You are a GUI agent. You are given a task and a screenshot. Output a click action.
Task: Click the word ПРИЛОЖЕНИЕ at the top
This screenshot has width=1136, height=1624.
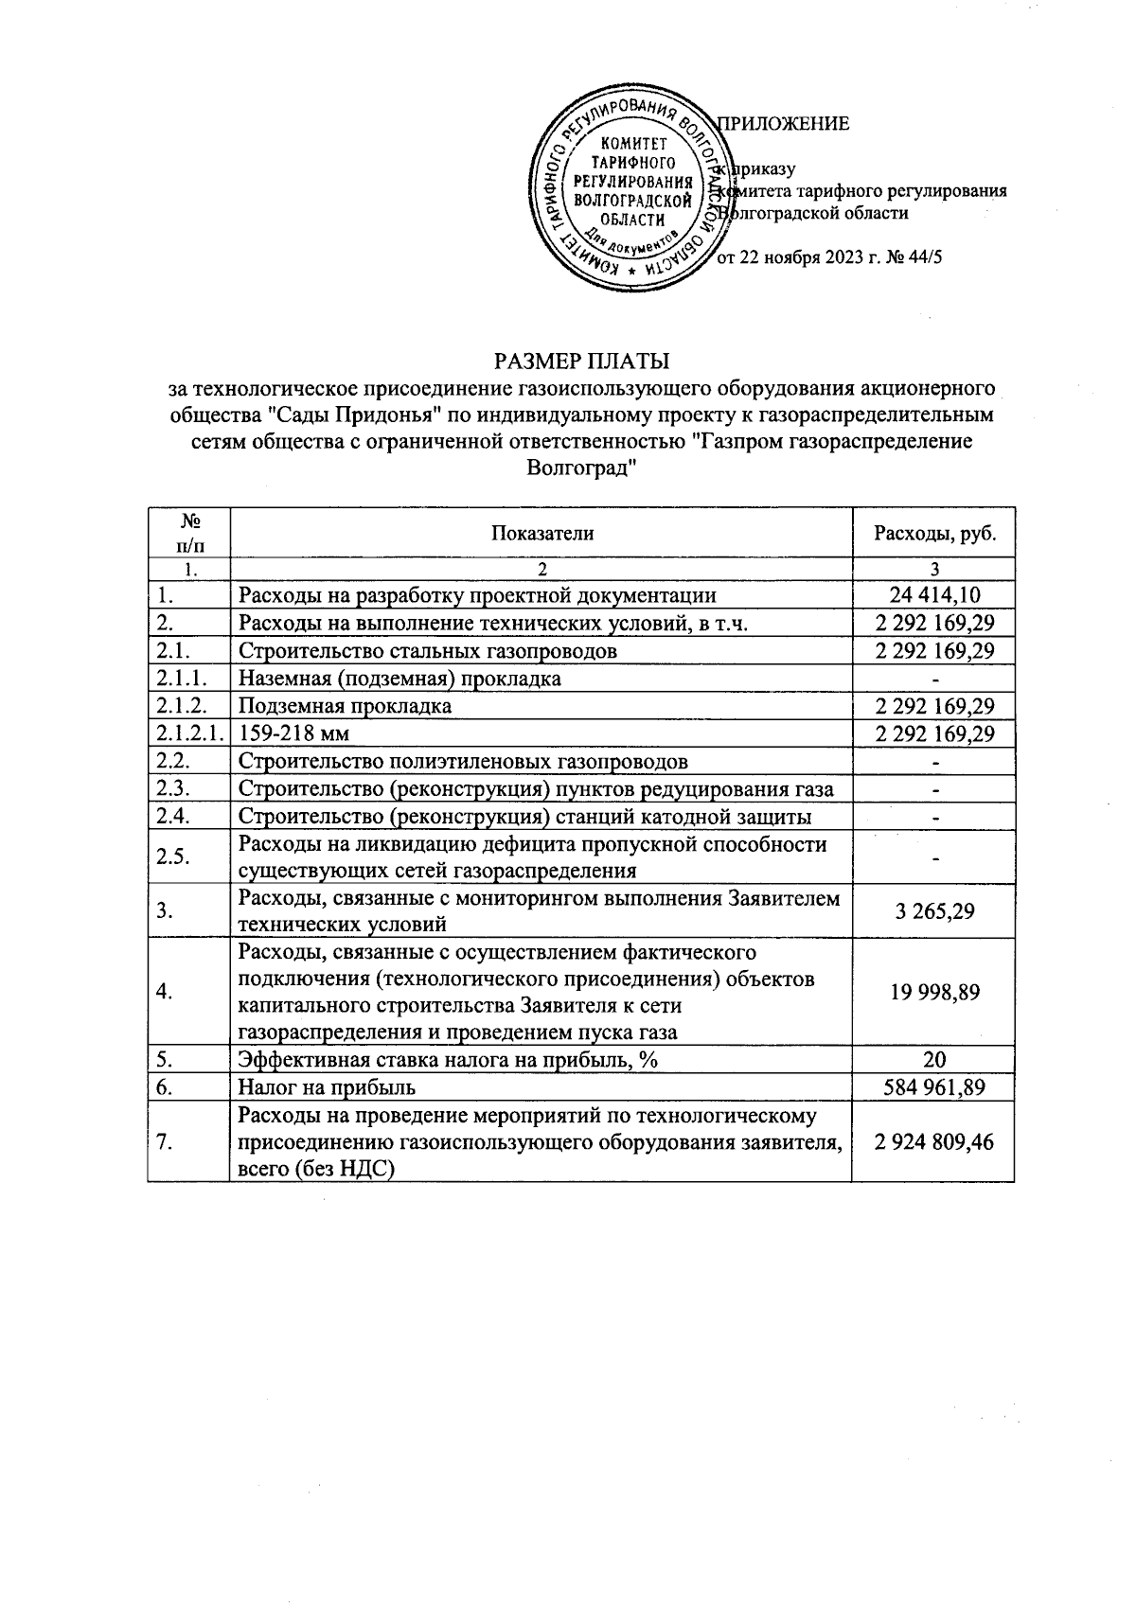pyautogui.click(x=786, y=124)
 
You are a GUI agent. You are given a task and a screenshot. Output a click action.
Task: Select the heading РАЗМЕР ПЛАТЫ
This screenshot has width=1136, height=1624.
pyautogui.click(x=581, y=361)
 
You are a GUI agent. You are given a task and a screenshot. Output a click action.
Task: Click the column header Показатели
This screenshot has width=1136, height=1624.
pyautogui.click(x=541, y=533)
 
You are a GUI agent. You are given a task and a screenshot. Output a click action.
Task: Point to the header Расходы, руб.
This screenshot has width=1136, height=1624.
pyautogui.click(x=933, y=533)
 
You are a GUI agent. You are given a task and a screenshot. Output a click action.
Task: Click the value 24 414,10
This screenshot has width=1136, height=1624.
pyautogui.click(x=934, y=595)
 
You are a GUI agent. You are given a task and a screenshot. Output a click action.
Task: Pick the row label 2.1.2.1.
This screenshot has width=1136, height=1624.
pyautogui.click(x=189, y=734)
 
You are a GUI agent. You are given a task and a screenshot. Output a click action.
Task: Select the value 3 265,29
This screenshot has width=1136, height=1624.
pyautogui.click(x=934, y=910)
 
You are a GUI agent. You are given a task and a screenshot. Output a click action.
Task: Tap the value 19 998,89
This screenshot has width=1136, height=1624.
pyautogui.click(x=934, y=992)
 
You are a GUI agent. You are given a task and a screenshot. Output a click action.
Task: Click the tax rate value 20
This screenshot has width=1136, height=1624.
pyautogui.click(x=934, y=1060)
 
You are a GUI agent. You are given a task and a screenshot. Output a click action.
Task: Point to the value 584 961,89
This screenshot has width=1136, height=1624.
pyautogui.click(x=934, y=1087)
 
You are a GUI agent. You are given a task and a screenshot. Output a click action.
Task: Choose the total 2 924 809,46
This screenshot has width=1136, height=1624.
pyautogui.click(x=934, y=1142)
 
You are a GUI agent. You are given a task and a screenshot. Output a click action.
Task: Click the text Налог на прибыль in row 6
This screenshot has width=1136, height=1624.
pyautogui.click(x=328, y=1087)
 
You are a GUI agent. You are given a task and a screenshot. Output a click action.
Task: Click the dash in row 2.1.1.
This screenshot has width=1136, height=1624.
pyautogui.click(x=934, y=680)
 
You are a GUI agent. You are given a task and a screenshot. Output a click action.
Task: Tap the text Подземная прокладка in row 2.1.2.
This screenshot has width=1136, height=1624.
pyautogui.click(x=345, y=707)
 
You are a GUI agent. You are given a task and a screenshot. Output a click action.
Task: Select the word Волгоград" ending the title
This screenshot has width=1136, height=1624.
pyautogui.click(x=579, y=468)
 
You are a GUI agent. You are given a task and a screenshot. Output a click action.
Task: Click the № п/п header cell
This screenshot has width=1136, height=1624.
pyautogui.click(x=189, y=533)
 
